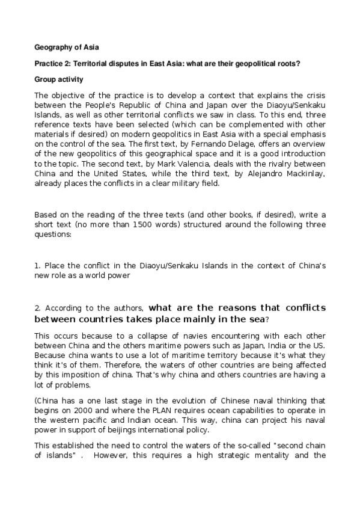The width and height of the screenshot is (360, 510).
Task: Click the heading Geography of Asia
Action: click(66, 48)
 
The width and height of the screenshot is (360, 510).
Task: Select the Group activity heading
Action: click(59, 79)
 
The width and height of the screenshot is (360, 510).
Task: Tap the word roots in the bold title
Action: click(287, 63)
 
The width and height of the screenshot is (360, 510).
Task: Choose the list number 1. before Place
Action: click(38, 265)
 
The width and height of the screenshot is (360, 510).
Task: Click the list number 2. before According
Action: click(38, 309)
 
